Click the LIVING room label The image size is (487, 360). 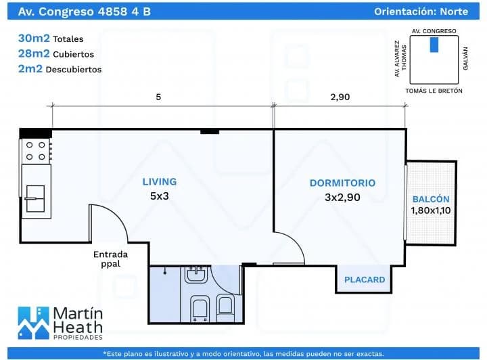point(159,181)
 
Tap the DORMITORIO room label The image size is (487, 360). point(342,183)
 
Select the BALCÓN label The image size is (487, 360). point(431,199)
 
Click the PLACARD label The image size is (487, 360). point(365,279)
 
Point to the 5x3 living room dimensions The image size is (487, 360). point(160,197)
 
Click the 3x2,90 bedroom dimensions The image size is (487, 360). point(342,198)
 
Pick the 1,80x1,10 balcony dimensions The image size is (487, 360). point(431,210)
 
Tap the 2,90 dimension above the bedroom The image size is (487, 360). point(340,97)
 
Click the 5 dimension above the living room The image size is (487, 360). point(158,97)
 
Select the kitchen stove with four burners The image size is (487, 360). point(37,150)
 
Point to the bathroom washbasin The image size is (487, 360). point(196,274)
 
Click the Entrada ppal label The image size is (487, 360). point(110,259)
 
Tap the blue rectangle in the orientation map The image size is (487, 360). point(434,45)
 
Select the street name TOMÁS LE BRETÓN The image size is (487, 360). point(434,89)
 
